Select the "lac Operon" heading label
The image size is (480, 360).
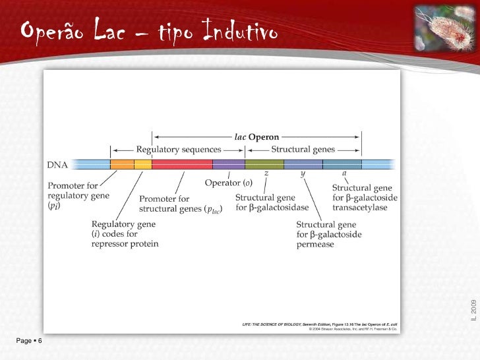coord(256,136)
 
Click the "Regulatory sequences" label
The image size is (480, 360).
coord(178,150)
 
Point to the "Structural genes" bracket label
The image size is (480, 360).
coord(303,150)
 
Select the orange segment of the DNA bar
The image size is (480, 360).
coord(122,164)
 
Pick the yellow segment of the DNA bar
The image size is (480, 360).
coord(143,164)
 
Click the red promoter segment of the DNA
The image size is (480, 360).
coord(182,164)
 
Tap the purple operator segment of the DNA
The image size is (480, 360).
coord(229,164)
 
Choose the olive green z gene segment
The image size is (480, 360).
coord(265,164)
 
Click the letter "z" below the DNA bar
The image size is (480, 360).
coord(266,173)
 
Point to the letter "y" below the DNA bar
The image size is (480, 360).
coord(303,174)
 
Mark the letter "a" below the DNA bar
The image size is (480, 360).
coord(344,174)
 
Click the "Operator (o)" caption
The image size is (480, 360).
coord(228,183)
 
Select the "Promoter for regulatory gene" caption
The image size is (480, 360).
coord(78,191)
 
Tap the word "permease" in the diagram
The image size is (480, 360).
coord(315,244)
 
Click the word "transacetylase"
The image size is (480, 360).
coord(359,208)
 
